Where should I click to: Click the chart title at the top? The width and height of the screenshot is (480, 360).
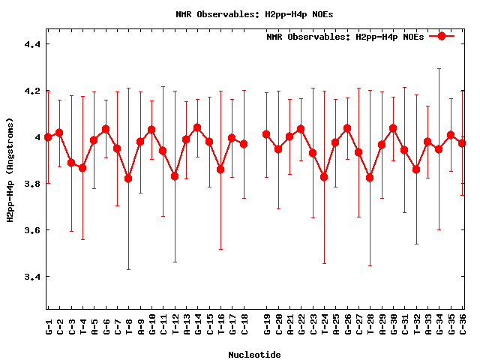pos(241,14)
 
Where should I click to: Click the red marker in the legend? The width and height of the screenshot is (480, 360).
pos(442,36)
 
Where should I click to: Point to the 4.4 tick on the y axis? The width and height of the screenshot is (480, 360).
pos(32,44)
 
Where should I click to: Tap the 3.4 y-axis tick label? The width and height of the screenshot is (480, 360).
pos(32,277)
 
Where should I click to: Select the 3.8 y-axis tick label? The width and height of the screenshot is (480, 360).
pos(32,184)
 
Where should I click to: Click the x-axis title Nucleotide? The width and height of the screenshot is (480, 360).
pos(255,355)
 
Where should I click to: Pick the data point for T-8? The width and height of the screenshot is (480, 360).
pos(128,178)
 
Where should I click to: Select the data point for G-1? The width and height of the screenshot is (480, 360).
pos(48,137)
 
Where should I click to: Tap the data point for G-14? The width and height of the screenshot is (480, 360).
pos(197,127)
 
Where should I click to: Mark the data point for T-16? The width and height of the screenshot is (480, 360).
pos(220,169)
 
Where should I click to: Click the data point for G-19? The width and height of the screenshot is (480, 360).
pos(266,134)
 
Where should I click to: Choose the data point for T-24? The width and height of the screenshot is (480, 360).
pos(324,177)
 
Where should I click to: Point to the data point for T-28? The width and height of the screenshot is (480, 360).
pos(370,178)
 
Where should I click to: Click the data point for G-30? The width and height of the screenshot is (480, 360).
pos(393,128)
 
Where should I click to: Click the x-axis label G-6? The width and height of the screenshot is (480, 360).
pos(106,326)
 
